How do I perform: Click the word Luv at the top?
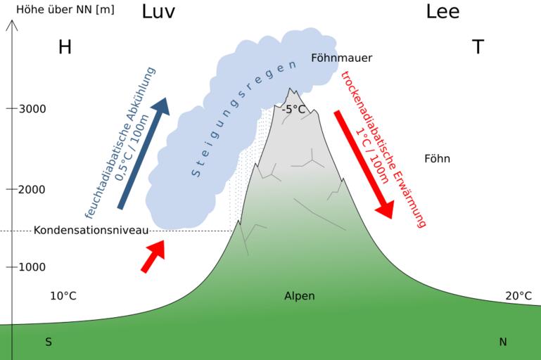click(x=158, y=12)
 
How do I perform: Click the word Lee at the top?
click(x=443, y=12)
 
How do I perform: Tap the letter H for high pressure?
click(x=65, y=47)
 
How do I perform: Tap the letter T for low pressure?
click(x=478, y=47)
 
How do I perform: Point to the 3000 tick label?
click(x=32, y=109)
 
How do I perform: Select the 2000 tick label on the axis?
click(x=32, y=189)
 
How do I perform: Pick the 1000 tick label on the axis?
click(x=32, y=267)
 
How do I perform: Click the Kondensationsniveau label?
click(x=91, y=230)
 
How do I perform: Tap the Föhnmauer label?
click(x=341, y=58)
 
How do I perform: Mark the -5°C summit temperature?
click(x=293, y=109)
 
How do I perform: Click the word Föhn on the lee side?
click(x=437, y=159)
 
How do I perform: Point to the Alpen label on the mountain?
click(x=299, y=296)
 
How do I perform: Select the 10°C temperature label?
click(x=63, y=296)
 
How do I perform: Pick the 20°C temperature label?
click(x=518, y=296)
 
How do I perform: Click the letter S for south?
click(x=49, y=342)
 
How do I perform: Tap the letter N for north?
click(x=502, y=342)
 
